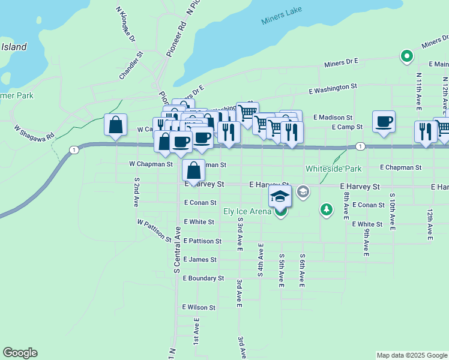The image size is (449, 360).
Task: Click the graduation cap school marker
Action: (280, 196)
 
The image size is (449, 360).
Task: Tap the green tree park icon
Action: (326, 209)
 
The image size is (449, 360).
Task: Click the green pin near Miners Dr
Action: (406, 57)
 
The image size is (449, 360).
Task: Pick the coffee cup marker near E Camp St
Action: (384, 122)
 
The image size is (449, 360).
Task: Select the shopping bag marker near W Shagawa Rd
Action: (115, 125)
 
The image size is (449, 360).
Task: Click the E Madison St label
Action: (333, 118)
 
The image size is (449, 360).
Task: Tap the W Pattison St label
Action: (154, 230)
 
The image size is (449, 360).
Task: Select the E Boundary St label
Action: (203, 278)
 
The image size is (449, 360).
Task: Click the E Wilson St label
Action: (199, 307)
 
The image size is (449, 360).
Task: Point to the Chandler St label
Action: (131, 65)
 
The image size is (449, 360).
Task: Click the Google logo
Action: (20, 353)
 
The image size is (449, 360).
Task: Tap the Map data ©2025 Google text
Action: (412, 355)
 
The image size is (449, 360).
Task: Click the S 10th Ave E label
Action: (392, 212)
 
